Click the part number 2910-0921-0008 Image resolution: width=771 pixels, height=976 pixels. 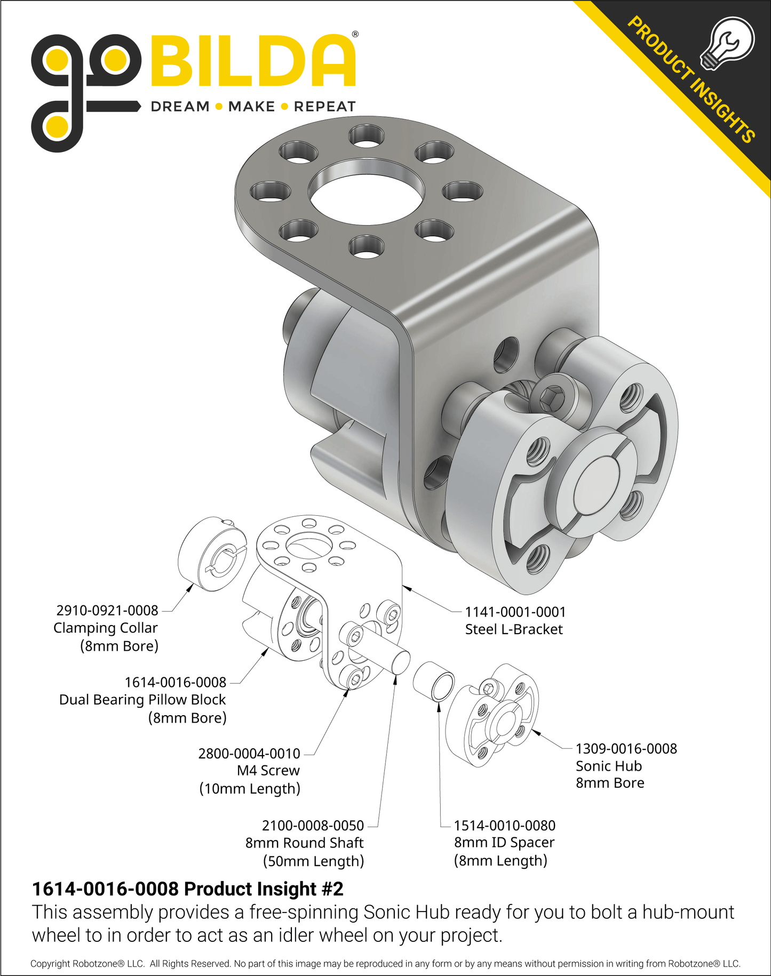[x=107, y=610]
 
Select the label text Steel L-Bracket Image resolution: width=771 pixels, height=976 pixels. [x=514, y=629]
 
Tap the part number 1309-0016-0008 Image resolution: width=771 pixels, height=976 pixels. [x=626, y=748]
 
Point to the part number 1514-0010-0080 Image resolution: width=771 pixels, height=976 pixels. [x=505, y=825]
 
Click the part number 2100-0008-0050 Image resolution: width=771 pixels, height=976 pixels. [x=313, y=825]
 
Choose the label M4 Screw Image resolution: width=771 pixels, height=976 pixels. [x=268, y=770]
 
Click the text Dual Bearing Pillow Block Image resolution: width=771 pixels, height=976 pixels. [x=142, y=700]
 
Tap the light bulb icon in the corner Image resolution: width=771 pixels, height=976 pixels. [x=727, y=44]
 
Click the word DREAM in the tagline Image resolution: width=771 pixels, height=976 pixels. [x=180, y=107]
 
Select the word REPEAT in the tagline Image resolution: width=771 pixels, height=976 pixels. [x=324, y=107]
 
